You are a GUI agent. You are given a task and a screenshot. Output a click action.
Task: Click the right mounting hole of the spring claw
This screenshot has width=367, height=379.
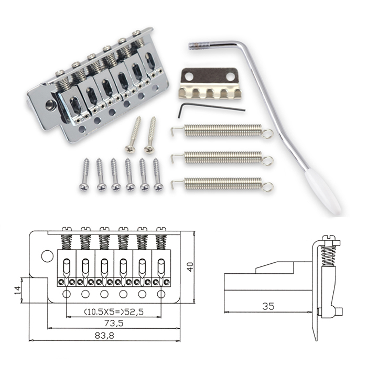pos(231,76)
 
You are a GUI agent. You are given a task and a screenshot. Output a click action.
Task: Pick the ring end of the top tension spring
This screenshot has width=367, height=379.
pos(267,133)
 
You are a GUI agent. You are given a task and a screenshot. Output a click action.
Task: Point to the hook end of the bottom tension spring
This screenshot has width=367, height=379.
pos(175,184)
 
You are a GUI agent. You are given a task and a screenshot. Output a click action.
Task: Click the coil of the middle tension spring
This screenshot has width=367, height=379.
pos(223,158)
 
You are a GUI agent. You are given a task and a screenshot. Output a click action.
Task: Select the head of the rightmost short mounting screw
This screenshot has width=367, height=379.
pos(158,187)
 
